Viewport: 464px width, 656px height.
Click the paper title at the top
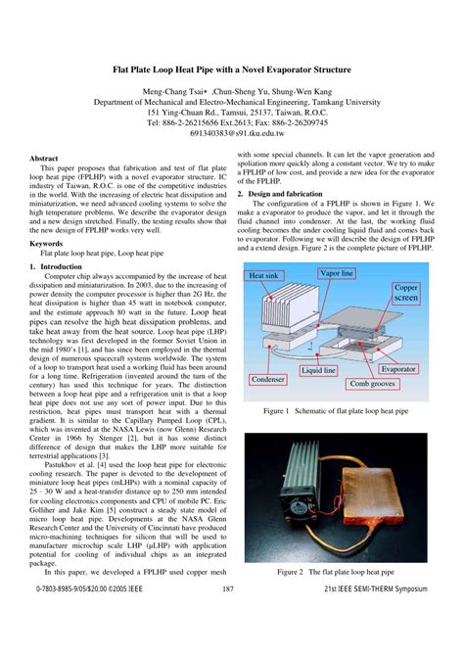[x=232, y=71]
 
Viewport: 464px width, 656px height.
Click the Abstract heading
[x=45, y=158]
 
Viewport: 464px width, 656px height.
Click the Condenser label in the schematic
[x=267, y=379]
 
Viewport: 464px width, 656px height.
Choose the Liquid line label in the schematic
[x=319, y=371]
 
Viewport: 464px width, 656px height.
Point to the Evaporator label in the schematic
[x=398, y=369]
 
